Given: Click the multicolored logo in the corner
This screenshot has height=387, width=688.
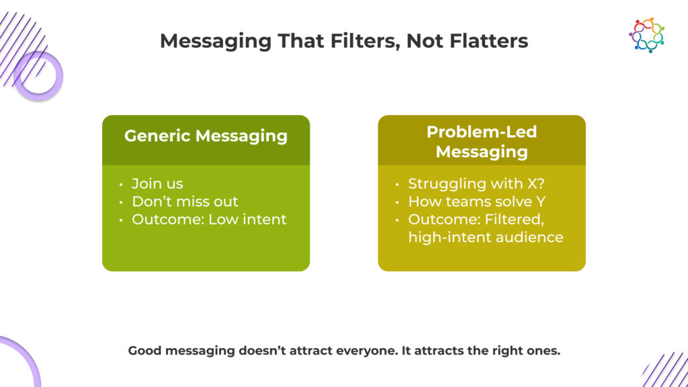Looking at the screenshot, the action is [x=646, y=35].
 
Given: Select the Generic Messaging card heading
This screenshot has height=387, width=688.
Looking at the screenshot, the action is [x=206, y=136].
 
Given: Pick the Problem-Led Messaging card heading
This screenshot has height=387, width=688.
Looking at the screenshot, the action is [x=482, y=141].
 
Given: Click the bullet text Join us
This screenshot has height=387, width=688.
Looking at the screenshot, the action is [x=157, y=183].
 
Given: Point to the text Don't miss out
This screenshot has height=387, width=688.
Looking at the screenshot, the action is [x=185, y=202].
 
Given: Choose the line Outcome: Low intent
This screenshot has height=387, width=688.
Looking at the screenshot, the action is [x=209, y=219].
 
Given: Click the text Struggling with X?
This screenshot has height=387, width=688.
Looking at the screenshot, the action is [x=476, y=183].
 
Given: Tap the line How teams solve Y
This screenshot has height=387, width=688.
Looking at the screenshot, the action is [x=476, y=202].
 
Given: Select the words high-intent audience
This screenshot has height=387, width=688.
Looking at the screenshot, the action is [x=486, y=237].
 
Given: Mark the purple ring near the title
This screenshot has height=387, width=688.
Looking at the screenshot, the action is [x=38, y=75].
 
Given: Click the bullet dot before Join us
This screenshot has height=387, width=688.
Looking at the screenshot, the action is [x=121, y=184].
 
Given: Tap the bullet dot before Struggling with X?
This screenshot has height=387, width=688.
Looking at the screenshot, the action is [x=397, y=184].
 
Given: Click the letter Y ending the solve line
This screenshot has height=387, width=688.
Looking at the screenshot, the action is [x=541, y=202].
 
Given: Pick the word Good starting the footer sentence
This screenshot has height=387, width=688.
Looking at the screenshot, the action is [x=145, y=351].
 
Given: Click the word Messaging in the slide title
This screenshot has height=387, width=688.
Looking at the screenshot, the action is [x=216, y=42].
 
